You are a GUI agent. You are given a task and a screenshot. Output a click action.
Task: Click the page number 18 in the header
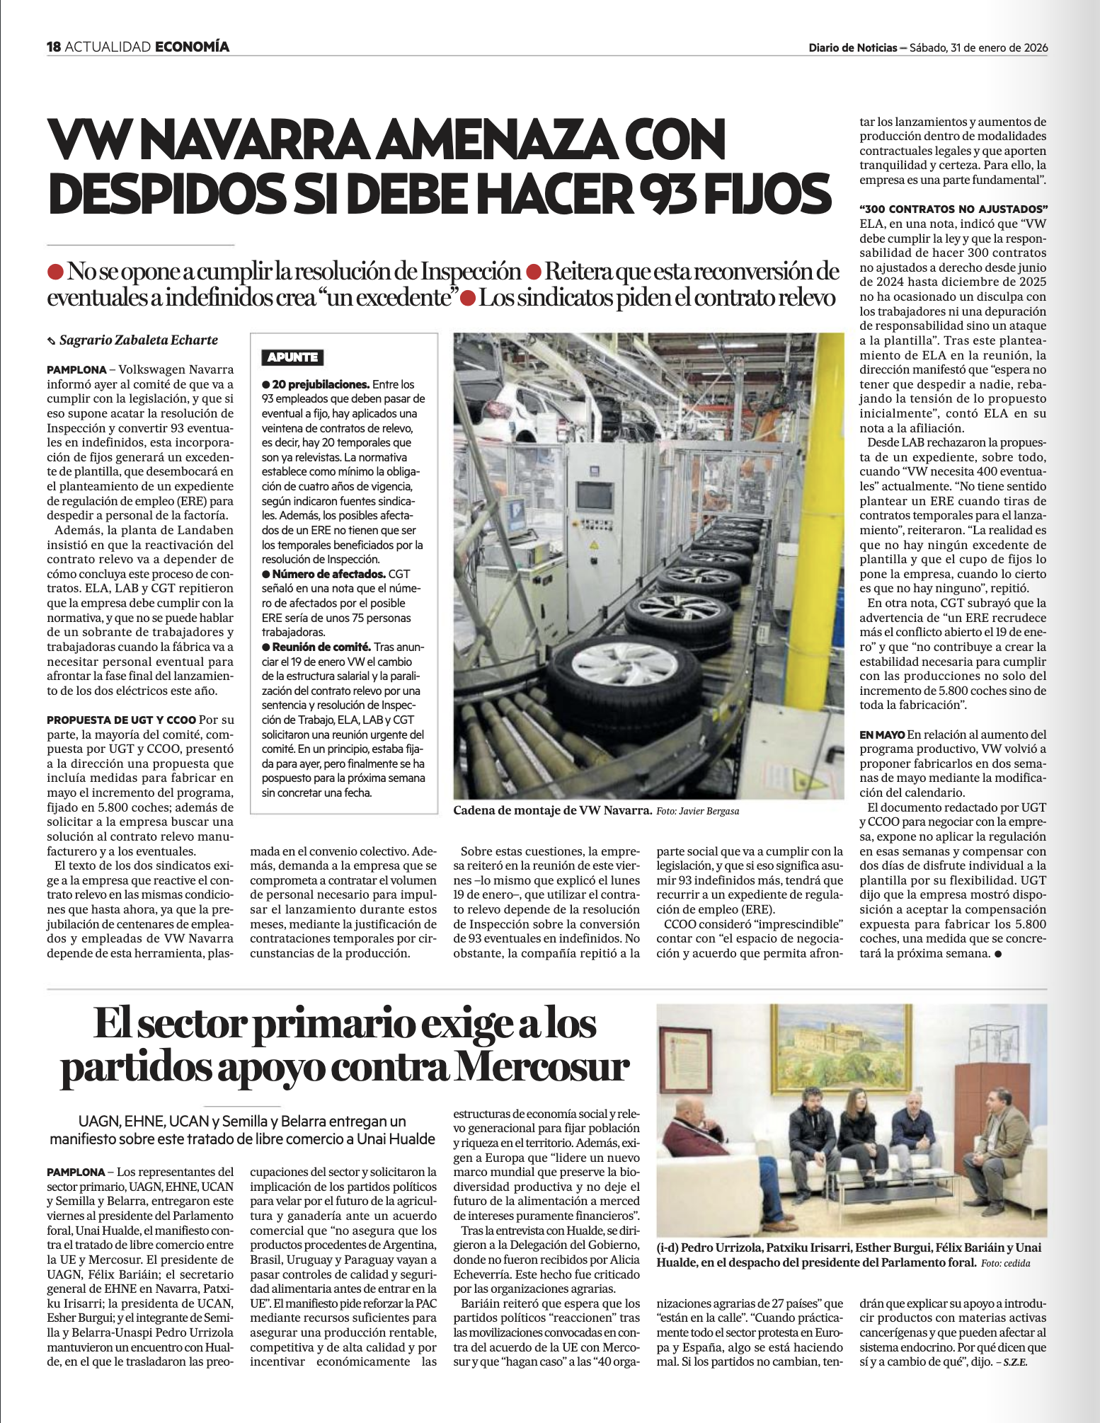click(x=54, y=47)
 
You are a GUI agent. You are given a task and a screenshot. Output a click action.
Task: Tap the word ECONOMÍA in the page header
click(x=192, y=47)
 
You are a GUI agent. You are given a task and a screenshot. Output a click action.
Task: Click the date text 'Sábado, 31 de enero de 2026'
click(x=978, y=48)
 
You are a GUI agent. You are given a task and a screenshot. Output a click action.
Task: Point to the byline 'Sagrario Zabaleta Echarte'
click(x=138, y=340)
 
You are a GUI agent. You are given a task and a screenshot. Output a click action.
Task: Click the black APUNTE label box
click(x=292, y=357)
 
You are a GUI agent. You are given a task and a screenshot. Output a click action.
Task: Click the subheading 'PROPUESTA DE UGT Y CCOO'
click(x=121, y=720)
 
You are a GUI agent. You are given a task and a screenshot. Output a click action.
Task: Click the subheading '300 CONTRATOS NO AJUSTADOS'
click(x=953, y=209)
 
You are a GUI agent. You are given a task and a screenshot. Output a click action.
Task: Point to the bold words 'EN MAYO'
click(x=881, y=734)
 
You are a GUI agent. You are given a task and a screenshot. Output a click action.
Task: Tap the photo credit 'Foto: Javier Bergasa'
click(x=697, y=811)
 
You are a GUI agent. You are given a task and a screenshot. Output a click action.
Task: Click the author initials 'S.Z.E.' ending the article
click(x=1014, y=1362)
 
